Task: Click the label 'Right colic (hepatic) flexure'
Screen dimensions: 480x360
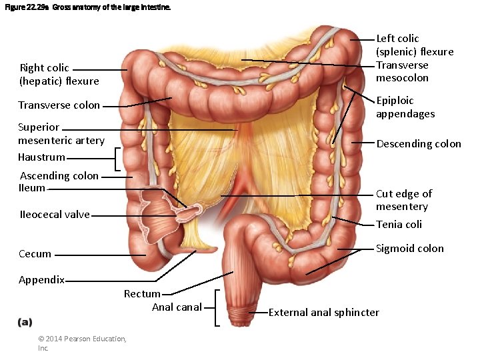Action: [59, 75]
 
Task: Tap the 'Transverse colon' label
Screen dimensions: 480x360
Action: [59, 105]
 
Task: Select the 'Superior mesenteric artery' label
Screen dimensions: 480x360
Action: [61, 133]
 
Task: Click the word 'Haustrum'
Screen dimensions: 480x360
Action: [41, 157]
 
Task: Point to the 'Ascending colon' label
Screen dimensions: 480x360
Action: [59, 176]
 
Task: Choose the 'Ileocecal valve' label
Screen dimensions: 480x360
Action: [54, 215]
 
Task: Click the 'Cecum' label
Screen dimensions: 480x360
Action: [35, 254]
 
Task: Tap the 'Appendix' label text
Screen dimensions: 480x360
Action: [41, 280]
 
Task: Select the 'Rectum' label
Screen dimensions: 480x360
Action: [142, 294]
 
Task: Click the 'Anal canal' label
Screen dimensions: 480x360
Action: [177, 307]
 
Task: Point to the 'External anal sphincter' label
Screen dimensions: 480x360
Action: [323, 313]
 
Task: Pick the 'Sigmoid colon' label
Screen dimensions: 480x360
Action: [409, 249]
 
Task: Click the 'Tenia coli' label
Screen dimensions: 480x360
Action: [399, 225]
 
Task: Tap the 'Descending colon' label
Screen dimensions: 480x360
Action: [419, 144]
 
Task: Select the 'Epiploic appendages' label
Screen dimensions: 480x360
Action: [405, 107]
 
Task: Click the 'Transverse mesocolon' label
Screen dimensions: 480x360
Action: [402, 71]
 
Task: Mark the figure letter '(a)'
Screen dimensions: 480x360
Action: [24, 322]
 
